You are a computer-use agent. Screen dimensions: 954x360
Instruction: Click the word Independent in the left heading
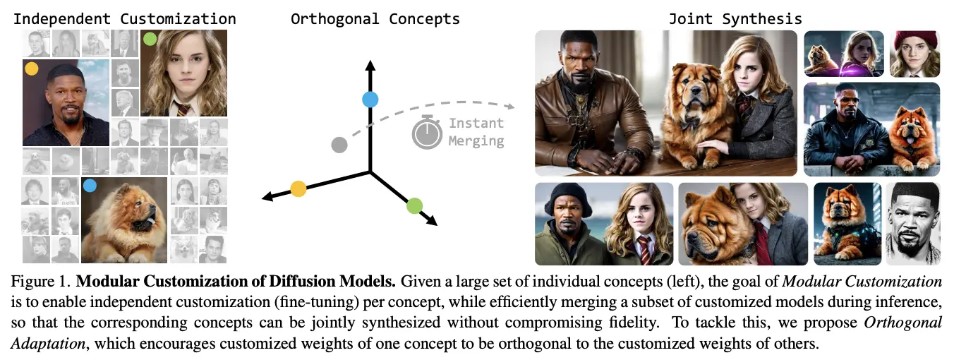coord(62,19)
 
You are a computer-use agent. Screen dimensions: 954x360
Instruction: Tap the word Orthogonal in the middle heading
coord(334,19)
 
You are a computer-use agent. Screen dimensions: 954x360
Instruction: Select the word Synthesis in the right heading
coord(762,19)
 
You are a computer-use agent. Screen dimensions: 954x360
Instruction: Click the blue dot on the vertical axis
coord(370,100)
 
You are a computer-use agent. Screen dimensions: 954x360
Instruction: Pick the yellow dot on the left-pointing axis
coord(298,188)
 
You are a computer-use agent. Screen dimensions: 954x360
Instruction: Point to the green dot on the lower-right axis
coord(414,206)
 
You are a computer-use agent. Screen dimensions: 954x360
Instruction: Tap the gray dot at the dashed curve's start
coord(339,145)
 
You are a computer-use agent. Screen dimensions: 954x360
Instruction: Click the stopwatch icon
coord(427,132)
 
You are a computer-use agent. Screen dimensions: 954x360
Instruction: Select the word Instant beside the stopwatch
coord(476,123)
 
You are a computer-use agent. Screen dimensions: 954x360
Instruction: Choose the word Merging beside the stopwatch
coord(476,141)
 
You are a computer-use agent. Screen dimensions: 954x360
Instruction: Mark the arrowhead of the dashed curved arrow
coord(510,106)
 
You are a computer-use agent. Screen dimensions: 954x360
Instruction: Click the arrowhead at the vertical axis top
coord(370,65)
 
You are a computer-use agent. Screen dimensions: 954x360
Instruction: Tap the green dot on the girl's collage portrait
coord(150,39)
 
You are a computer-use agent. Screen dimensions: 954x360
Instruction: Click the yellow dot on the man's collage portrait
coord(32,68)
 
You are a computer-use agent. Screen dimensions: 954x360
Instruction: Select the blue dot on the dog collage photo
coord(90,186)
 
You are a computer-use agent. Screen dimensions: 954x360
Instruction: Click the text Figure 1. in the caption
coord(41,281)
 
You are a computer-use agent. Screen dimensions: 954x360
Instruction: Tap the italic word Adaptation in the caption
coord(48,343)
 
